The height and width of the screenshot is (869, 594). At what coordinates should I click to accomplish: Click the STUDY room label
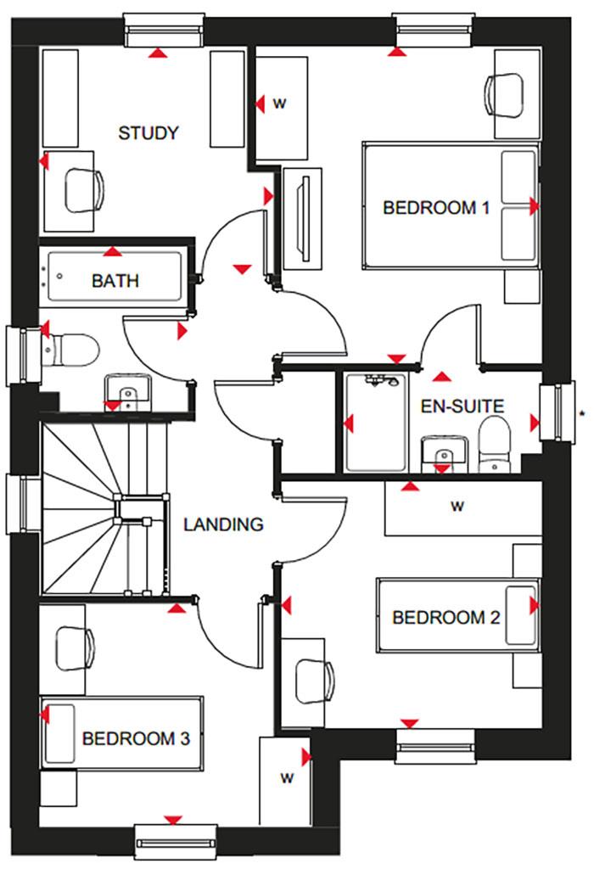pyautogui.click(x=148, y=133)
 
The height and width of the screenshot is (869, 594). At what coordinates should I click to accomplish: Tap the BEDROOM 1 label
pyautogui.click(x=436, y=207)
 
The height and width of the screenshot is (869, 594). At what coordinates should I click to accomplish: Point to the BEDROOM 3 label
pyautogui.click(x=136, y=738)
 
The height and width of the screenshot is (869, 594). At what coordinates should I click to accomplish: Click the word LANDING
pyautogui.click(x=223, y=524)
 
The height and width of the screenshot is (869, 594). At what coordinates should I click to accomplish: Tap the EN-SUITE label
pyautogui.click(x=462, y=406)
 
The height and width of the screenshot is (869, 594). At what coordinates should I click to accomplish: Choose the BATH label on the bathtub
pyautogui.click(x=115, y=280)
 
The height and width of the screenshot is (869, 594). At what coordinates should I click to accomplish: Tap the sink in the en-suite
pyautogui.click(x=441, y=453)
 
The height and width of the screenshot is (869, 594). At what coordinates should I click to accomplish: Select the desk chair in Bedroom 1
pyautogui.click(x=507, y=90)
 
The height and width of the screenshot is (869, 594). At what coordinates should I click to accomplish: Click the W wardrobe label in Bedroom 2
pyautogui.click(x=457, y=507)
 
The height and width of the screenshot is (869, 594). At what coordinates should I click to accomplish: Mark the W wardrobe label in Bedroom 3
pyautogui.click(x=287, y=777)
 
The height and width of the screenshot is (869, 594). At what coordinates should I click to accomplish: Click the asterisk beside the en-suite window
pyautogui.click(x=582, y=413)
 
